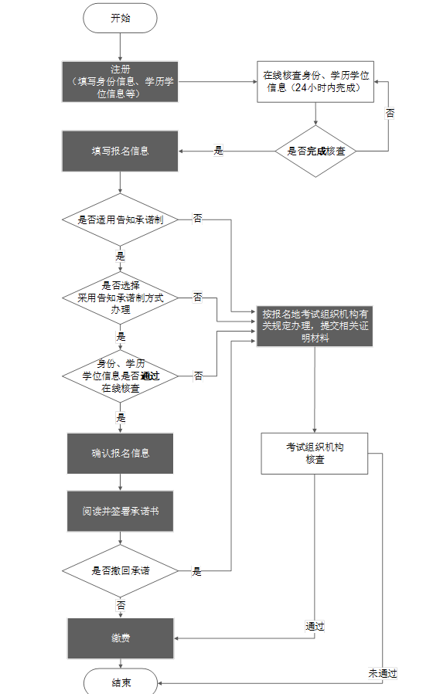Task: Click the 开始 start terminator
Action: (121, 19)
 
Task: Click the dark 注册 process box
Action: (120, 81)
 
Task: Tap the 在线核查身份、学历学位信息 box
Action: (315, 81)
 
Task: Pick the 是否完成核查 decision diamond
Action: (315, 151)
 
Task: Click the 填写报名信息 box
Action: (120, 151)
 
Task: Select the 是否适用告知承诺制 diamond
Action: (120, 219)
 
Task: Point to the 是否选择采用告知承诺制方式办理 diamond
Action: (120, 297)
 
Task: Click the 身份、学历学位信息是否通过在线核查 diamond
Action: (120, 376)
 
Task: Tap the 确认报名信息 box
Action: (120, 453)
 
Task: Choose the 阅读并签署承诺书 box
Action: (120, 512)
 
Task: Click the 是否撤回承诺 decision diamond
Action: (120, 571)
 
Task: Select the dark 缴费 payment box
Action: (120, 638)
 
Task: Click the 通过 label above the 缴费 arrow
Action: (314, 626)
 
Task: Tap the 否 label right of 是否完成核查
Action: (390, 113)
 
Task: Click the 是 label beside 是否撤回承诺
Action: (196, 572)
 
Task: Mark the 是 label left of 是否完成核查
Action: (218, 151)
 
